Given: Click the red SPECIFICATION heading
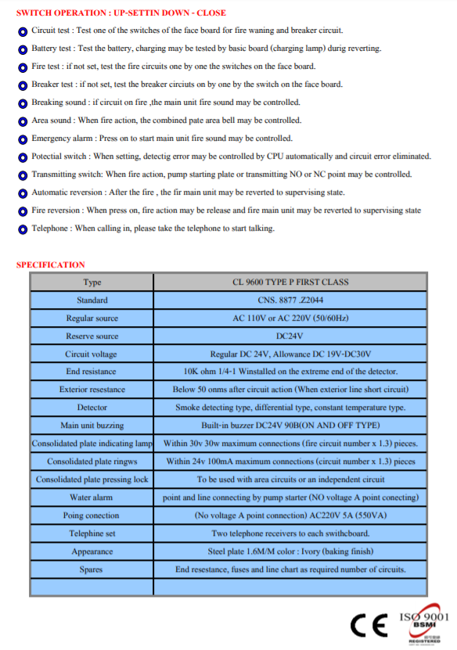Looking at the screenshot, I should pyautogui.click(x=51, y=264).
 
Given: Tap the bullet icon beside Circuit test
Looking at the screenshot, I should pyautogui.click(x=23, y=31).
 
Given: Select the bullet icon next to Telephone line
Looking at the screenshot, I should pyautogui.click(x=23, y=229).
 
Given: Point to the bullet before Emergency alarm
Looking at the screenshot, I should pyautogui.click(x=23, y=139).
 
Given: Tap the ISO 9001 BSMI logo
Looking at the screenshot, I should pyautogui.click(x=424, y=626).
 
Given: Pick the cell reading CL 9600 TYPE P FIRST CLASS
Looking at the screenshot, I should pyautogui.click(x=290, y=282).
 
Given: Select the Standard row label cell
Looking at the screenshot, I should pyautogui.click(x=92, y=300).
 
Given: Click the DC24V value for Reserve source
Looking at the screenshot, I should pyautogui.click(x=290, y=336).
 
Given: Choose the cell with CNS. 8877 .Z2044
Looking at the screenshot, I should pyautogui.click(x=290, y=300).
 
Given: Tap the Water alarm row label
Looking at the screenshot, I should pyautogui.click(x=92, y=497).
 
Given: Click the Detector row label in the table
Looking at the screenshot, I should pyautogui.click(x=92, y=408).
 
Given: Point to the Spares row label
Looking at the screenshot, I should pyautogui.click(x=92, y=569).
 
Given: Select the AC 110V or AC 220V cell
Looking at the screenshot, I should pyautogui.click(x=290, y=318).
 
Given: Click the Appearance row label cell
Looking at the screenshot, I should pyautogui.click(x=92, y=551).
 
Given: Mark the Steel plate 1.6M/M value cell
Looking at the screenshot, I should pyautogui.click(x=290, y=551).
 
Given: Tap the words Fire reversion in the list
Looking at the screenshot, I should pyautogui.click(x=56, y=210).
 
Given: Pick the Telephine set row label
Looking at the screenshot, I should pyautogui.click(x=92, y=533).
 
